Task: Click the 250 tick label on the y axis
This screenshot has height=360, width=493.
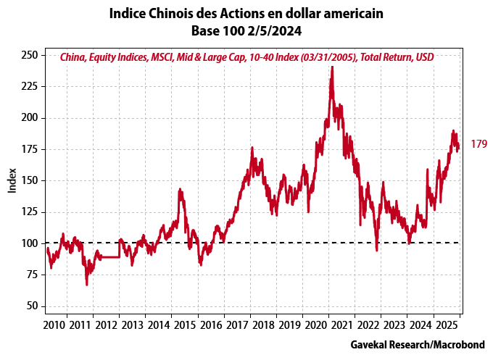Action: (x=30, y=55)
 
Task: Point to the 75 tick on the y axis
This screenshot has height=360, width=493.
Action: (x=32, y=275)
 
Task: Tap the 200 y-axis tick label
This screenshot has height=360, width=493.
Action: (x=30, y=117)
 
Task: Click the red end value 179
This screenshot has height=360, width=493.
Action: (x=478, y=144)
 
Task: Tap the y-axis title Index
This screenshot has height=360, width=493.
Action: (x=12, y=180)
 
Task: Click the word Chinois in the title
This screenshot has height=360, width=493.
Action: (x=170, y=14)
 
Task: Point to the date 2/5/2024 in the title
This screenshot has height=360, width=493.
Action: (x=275, y=31)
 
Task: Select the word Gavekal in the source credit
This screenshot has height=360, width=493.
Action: (x=370, y=343)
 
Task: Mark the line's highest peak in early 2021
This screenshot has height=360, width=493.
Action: (x=331, y=67)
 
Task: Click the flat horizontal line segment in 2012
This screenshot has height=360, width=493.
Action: (x=109, y=256)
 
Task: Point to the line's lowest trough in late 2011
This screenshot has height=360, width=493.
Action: (x=87, y=285)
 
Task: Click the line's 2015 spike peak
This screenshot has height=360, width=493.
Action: (x=180, y=189)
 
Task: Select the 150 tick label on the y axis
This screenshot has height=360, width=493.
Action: (x=30, y=180)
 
